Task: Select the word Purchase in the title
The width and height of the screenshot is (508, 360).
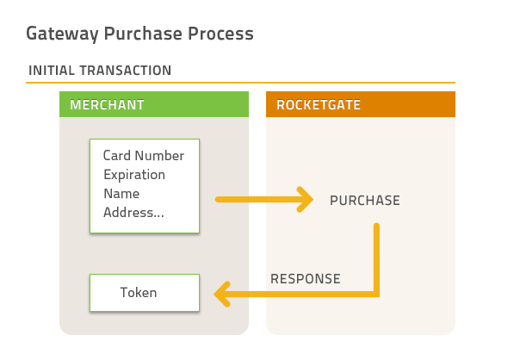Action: coord(143,33)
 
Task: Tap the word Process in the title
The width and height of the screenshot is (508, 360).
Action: coord(220,33)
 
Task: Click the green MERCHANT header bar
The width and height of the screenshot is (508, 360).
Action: coord(154,104)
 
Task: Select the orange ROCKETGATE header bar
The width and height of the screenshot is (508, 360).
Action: coord(361,104)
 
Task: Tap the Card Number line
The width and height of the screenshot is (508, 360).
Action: coord(144,156)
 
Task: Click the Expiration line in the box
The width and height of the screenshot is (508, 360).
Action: coord(134,175)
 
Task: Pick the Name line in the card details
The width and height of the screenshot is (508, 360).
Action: coord(121,194)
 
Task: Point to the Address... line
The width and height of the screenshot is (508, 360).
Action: coord(133,213)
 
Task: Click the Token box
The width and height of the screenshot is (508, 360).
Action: coord(145,293)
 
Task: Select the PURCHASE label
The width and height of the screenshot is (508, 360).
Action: coord(365,201)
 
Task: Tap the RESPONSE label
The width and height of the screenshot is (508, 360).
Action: coord(306,279)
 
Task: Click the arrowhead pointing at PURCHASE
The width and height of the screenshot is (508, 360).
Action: coord(305,200)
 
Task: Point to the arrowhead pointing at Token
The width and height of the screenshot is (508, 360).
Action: coord(222,295)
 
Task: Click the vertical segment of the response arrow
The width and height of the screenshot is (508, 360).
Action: coord(376,258)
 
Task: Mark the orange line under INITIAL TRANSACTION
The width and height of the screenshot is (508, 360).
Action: coord(241,83)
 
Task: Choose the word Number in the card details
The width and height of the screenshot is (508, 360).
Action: coord(159,156)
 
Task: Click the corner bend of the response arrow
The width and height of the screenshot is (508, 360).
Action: coord(376,295)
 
